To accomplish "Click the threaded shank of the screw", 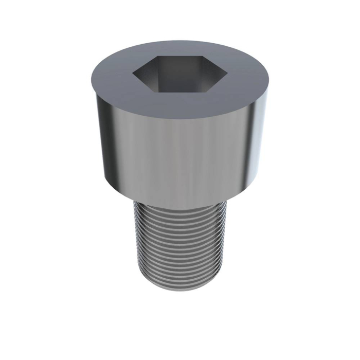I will [x=180, y=242].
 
